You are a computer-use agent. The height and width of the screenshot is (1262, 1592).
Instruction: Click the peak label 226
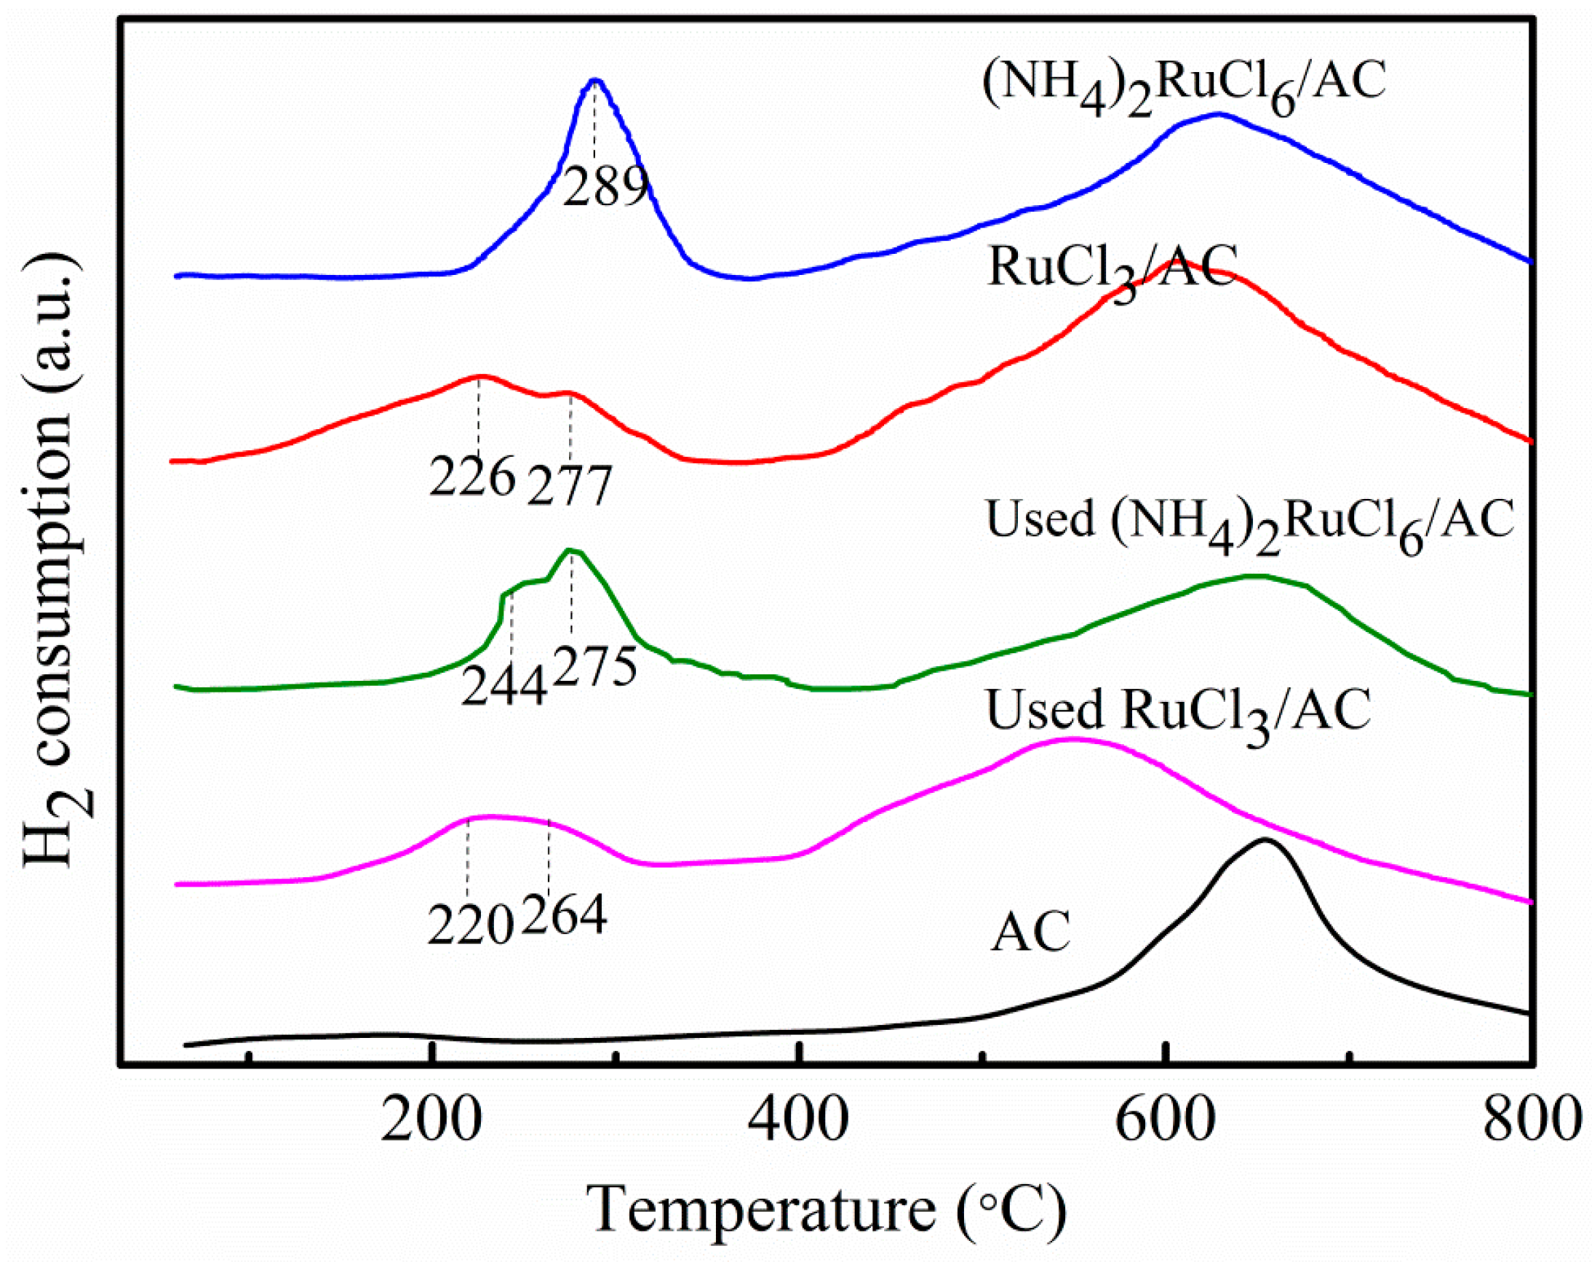472,477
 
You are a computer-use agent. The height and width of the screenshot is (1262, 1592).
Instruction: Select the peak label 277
569,485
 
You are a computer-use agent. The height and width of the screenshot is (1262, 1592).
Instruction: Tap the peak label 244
505,685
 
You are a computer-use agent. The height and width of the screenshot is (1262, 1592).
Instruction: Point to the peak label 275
594,666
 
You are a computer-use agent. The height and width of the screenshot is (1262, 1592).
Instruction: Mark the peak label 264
565,915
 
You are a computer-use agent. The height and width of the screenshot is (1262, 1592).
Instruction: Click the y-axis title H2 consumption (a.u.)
53,561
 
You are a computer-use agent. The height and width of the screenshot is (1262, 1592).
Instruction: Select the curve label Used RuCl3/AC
1179,712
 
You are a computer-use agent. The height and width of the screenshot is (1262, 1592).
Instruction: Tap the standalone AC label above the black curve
1030,932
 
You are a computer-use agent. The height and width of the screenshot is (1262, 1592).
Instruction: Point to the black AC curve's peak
1265,840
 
